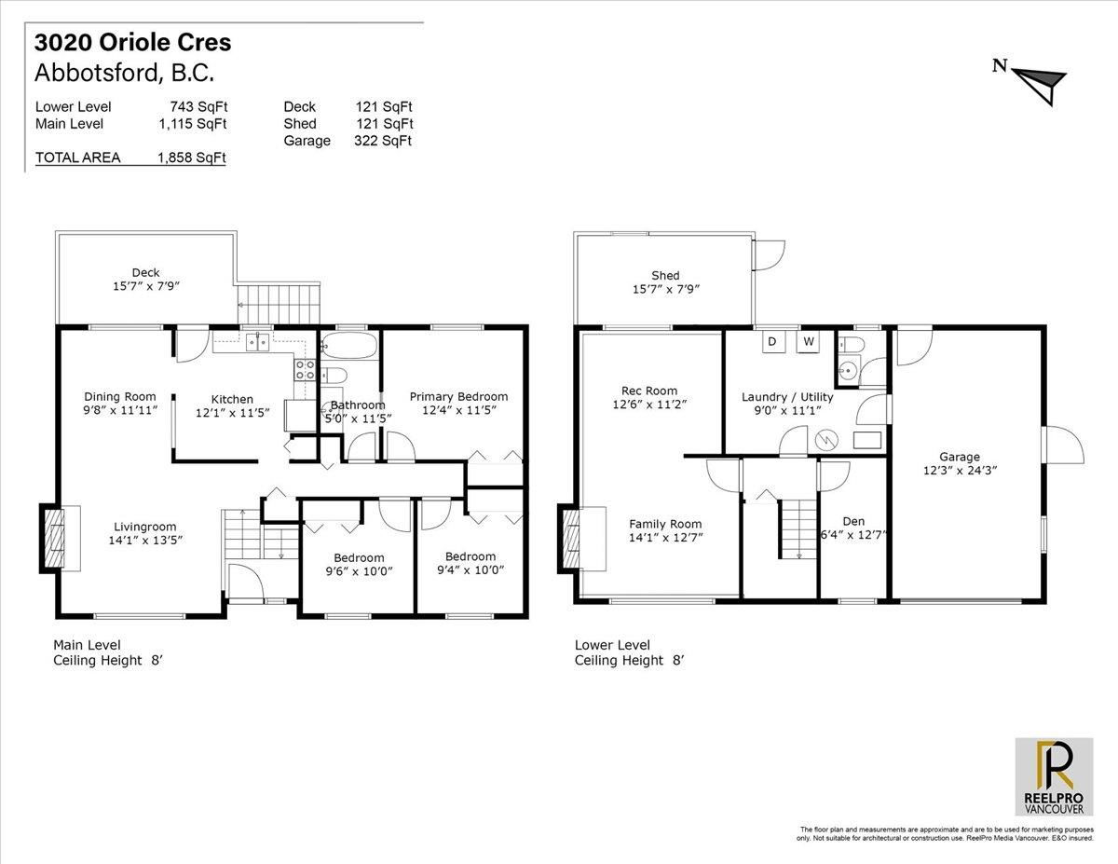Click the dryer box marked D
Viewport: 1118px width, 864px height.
[773, 342]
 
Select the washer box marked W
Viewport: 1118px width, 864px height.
[808, 342]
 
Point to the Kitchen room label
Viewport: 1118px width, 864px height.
[232, 399]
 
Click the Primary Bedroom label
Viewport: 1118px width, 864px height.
[458, 397]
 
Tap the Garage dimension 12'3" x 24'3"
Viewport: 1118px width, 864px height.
[960, 471]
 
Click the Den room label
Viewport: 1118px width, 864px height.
[853, 521]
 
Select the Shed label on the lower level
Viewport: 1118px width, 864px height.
[665, 276]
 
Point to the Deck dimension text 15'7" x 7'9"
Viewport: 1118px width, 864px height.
[146, 286]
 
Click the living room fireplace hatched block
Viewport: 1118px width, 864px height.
[52, 538]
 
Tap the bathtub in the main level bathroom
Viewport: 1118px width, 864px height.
[350, 345]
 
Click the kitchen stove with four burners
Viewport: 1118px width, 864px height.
[305, 369]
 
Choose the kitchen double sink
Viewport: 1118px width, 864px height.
[257, 342]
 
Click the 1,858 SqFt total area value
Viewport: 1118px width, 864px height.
[192, 158]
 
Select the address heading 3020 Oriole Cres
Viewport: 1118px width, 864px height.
[132, 43]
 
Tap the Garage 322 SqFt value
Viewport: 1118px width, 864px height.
[383, 141]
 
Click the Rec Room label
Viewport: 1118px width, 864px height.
[649, 391]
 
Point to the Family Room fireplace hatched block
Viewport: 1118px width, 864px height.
[571, 539]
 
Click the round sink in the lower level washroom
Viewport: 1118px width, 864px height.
[846, 369]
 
